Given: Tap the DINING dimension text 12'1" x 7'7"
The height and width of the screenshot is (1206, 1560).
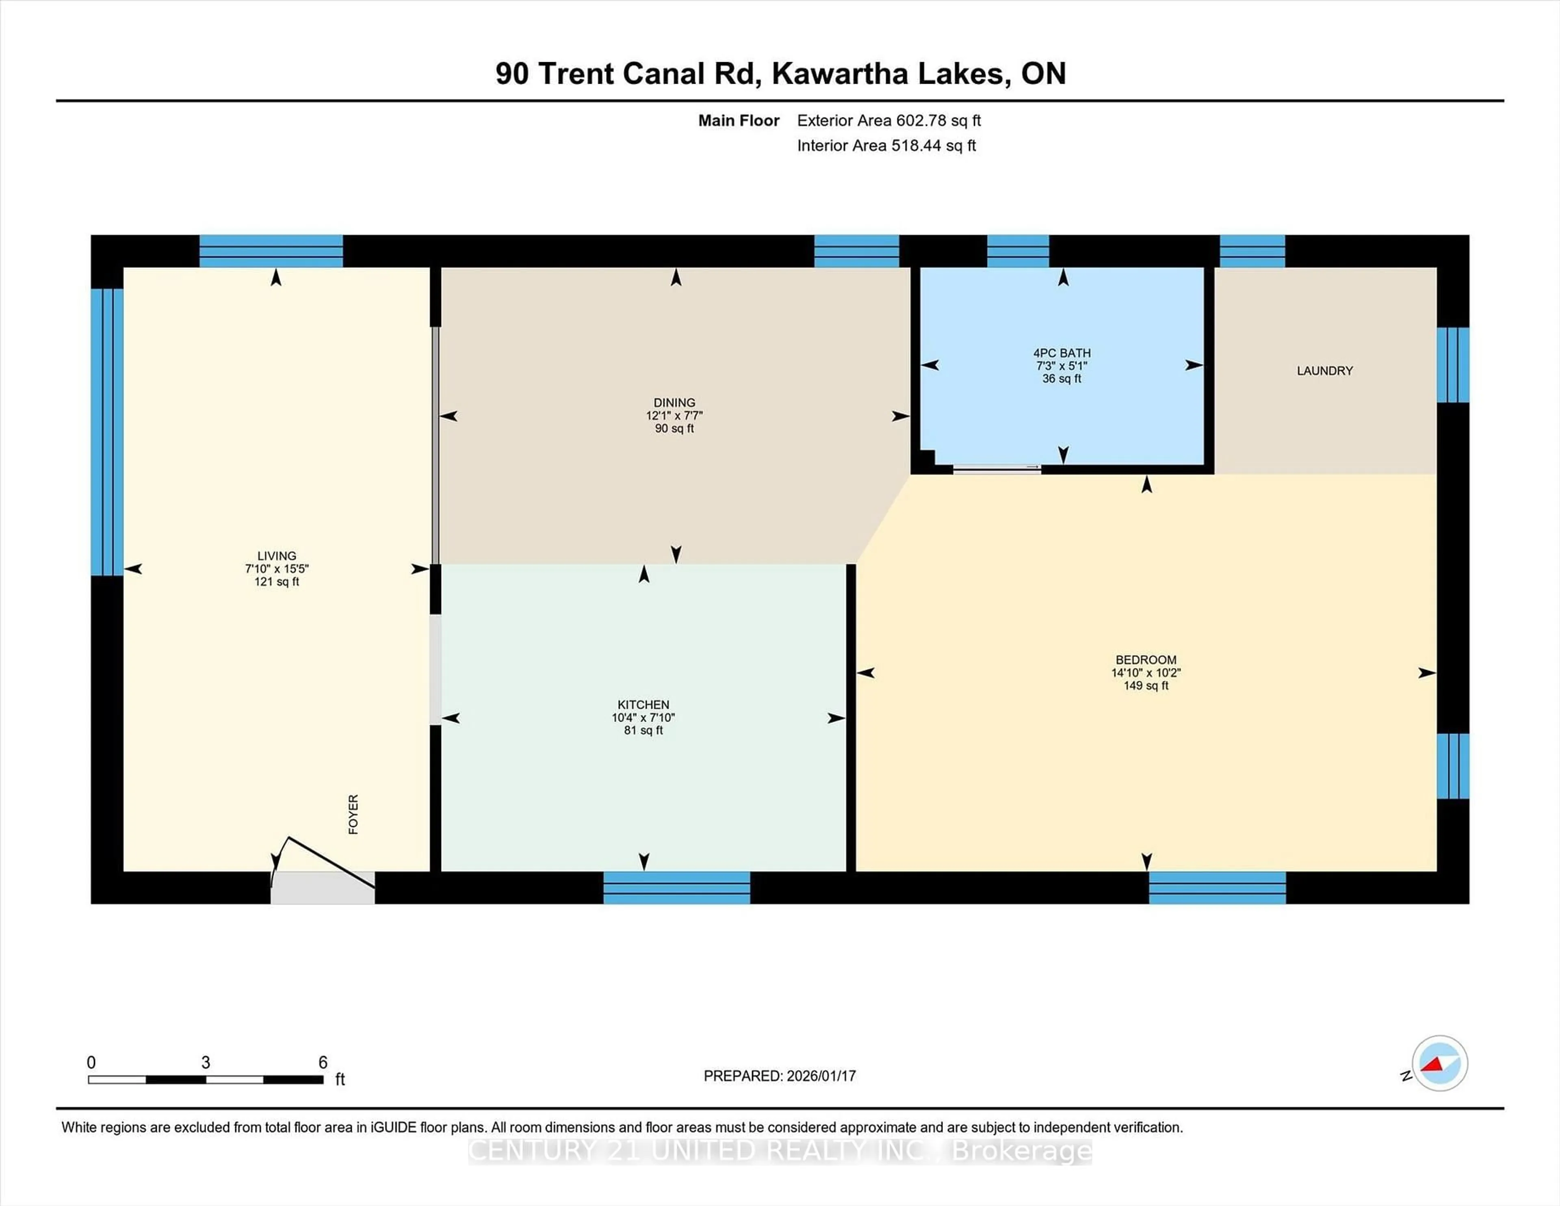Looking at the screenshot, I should point(674,416).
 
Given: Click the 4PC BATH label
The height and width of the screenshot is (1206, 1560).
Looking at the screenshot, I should point(1062,353).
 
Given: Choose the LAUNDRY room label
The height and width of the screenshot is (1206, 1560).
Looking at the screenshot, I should point(1324,371).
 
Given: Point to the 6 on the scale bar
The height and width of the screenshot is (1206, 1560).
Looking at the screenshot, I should point(323,1063).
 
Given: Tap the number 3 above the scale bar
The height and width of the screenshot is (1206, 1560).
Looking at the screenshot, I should point(206,1063).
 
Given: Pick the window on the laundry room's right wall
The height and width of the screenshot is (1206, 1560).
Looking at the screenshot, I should point(1452,365).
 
